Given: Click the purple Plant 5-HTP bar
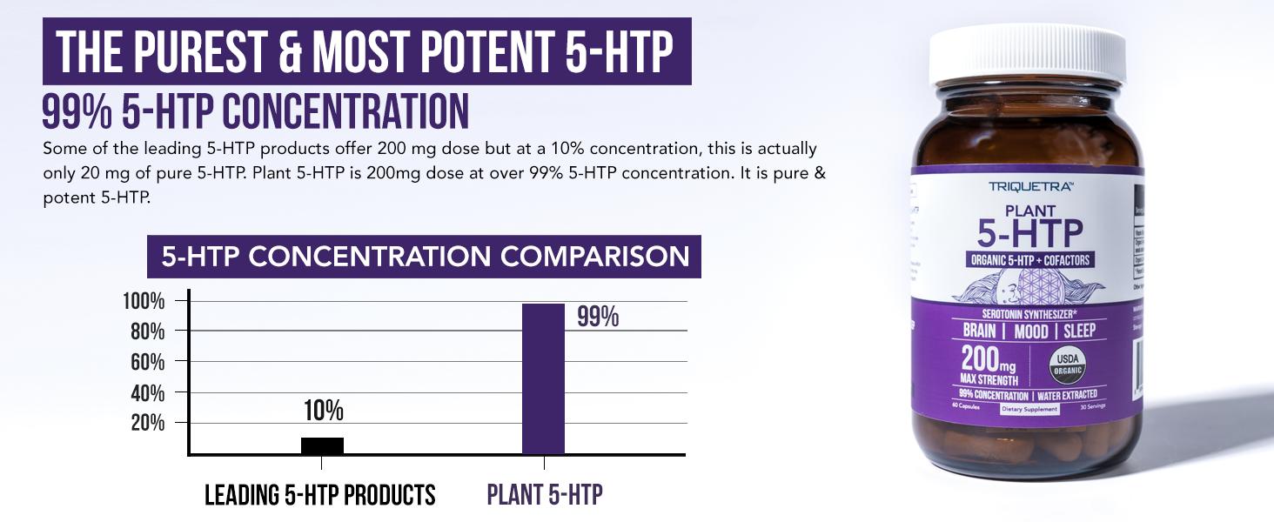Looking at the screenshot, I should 543,378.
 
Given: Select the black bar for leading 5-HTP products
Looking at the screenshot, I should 322,445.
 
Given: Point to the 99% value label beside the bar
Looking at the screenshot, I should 598,318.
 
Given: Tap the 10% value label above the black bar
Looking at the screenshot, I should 323,411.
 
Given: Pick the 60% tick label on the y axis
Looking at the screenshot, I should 147,362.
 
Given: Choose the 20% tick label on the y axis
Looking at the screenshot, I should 147,423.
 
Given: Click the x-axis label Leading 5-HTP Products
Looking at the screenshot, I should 319,495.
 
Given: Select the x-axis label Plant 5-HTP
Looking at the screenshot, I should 544,495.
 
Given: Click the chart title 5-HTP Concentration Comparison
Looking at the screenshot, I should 424,257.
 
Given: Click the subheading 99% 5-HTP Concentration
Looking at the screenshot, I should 255,112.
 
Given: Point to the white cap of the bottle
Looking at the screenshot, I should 1027,54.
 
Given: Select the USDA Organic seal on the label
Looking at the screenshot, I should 1066,365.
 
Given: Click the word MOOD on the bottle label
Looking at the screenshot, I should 1030,331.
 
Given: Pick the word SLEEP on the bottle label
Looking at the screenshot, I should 1078,331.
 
